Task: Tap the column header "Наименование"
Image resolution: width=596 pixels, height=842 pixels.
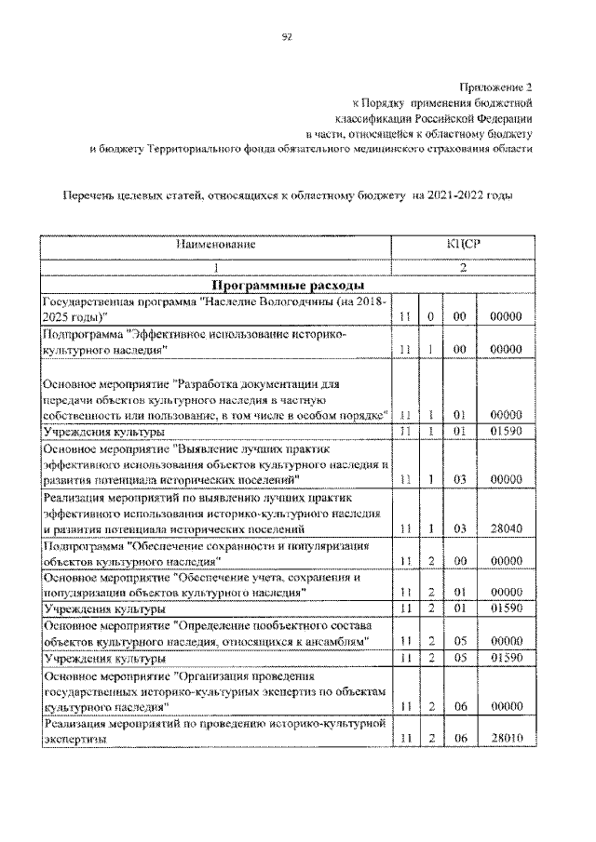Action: [216, 245]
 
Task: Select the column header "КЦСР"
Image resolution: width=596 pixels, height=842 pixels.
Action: [463, 245]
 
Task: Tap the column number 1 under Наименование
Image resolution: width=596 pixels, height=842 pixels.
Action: [216, 266]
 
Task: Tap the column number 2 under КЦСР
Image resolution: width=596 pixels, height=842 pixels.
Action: [463, 266]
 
